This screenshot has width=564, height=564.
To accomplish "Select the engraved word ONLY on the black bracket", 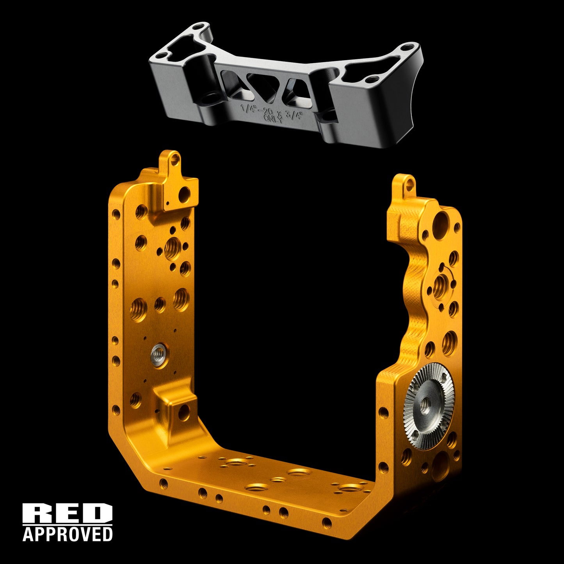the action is pos(273,119).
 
